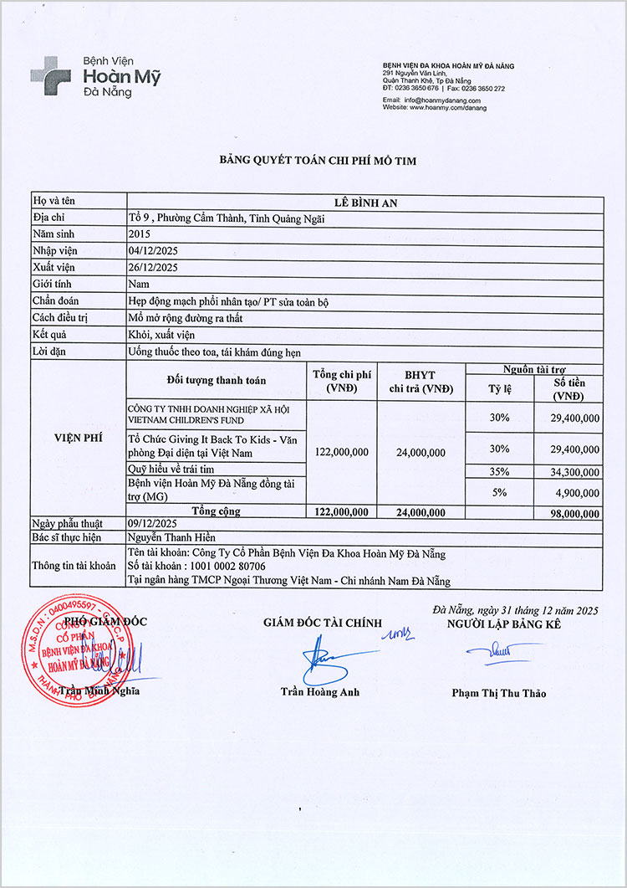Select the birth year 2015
[140, 235]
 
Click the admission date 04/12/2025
[154, 251]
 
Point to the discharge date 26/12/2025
[154, 268]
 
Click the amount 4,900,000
[573, 492]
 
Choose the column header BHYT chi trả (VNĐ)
[420, 382]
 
